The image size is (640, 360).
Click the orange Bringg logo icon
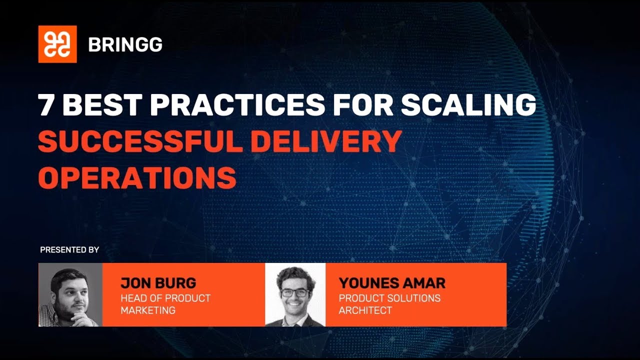coord(57,44)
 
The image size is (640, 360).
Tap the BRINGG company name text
coord(125,45)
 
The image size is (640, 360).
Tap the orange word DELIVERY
coord(326,141)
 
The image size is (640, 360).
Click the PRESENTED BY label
coord(69,249)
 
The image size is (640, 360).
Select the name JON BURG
coord(158,283)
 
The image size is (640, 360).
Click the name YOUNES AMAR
coord(392,283)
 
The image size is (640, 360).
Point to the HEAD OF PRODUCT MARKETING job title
coord(165,304)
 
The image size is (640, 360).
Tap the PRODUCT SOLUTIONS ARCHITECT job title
coord(389,304)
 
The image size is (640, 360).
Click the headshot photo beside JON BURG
coord(70,294)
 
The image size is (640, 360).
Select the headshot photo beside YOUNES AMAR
coord(295,294)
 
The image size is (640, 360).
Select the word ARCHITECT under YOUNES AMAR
coord(365,310)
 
